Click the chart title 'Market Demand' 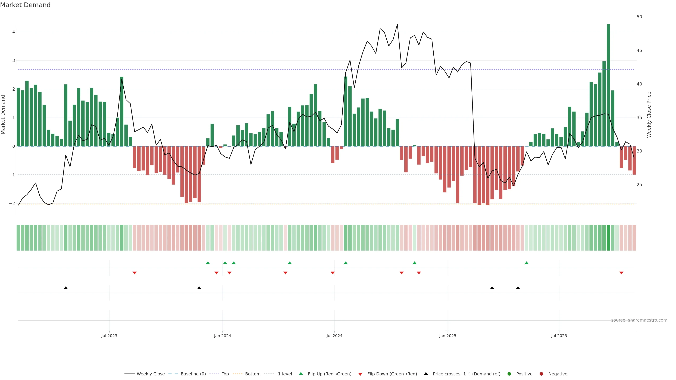[x=25, y=5]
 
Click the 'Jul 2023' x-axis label [x=109, y=336]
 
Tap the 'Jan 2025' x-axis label [x=447, y=336]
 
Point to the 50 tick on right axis [x=639, y=17]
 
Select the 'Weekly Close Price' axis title [x=649, y=115]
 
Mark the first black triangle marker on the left [x=66, y=288]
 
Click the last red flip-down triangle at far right [x=621, y=273]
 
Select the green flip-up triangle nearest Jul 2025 [x=526, y=263]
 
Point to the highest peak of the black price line [x=397, y=24]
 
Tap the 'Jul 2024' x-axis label [x=334, y=336]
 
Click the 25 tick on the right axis [x=639, y=185]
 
